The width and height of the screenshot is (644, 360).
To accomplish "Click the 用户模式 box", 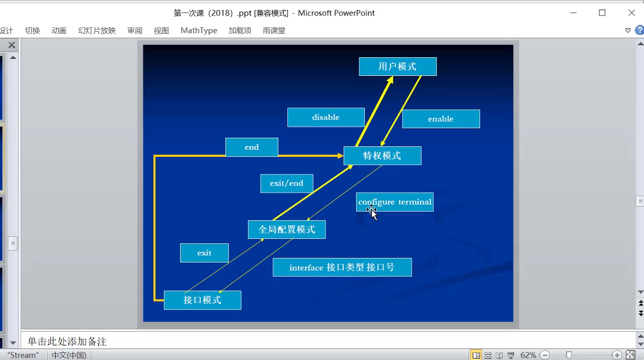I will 397,66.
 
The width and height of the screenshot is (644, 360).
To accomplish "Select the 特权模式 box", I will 382,156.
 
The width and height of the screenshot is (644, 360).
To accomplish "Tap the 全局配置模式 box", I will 287,230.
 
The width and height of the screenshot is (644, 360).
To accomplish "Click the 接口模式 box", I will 202,300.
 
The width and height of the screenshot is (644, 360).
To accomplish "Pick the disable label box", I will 326,118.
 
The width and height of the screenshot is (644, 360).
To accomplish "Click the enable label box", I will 441,119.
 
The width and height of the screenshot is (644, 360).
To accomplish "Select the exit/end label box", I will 287,184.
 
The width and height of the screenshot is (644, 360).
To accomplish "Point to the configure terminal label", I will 395,202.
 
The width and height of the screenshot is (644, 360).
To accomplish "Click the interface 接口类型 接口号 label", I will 342,267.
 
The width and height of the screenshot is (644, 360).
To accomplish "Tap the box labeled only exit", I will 204,253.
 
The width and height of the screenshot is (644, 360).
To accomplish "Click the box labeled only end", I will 252,147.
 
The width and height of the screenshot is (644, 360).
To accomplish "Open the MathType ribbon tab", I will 199,31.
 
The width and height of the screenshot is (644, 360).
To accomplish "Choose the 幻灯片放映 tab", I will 97,31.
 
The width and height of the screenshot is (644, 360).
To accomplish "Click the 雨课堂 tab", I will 274,31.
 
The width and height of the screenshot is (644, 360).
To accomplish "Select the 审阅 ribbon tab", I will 135,31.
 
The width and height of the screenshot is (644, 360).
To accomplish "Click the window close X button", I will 631,13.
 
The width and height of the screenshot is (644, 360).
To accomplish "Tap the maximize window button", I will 602,13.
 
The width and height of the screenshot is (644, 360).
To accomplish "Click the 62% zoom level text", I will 528,355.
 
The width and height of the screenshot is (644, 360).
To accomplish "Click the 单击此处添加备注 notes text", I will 67,342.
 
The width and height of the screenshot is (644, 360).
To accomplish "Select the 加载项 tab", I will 239,31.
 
